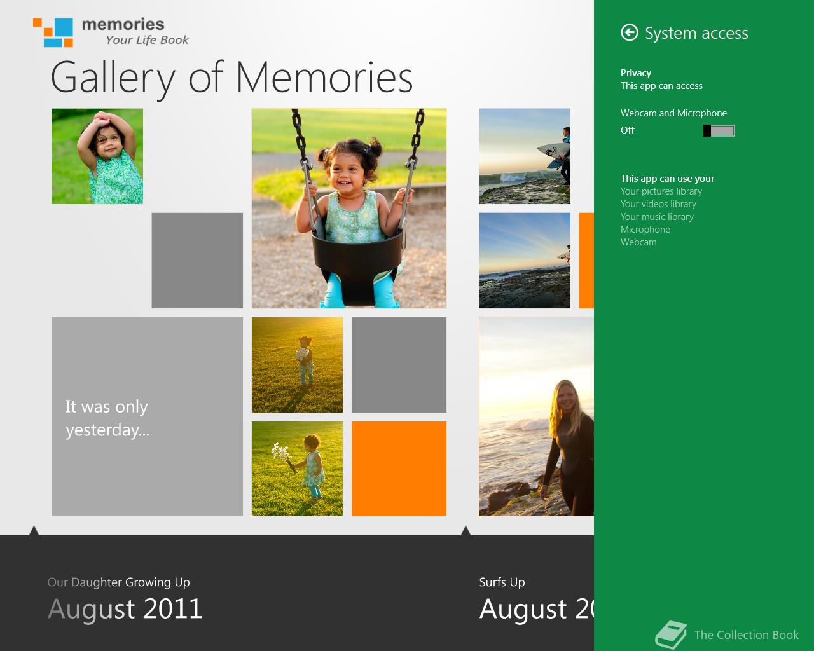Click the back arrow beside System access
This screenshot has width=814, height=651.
tap(630, 32)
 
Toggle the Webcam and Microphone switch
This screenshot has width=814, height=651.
tap(719, 130)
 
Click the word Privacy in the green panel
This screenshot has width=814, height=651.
tap(636, 73)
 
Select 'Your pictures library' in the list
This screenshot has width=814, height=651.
tap(661, 191)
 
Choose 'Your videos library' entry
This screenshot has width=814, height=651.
tap(658, 204)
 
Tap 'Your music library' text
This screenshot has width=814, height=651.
tap(657, 217)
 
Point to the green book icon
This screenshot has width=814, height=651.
tap(671, 634)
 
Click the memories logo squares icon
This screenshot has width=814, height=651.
tap(53, 32)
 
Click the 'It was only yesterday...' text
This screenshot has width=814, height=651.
tap(107, 418)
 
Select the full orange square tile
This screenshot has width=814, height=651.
tap(399, 469)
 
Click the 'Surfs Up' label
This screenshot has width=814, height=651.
tap(502, 582)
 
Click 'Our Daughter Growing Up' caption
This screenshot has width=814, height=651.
tap(119, 582)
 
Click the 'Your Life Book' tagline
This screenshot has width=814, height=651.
tap(147, 40)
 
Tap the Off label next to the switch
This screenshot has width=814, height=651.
tap(628, 130)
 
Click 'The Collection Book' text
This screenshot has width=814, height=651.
tap(747, 634)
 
